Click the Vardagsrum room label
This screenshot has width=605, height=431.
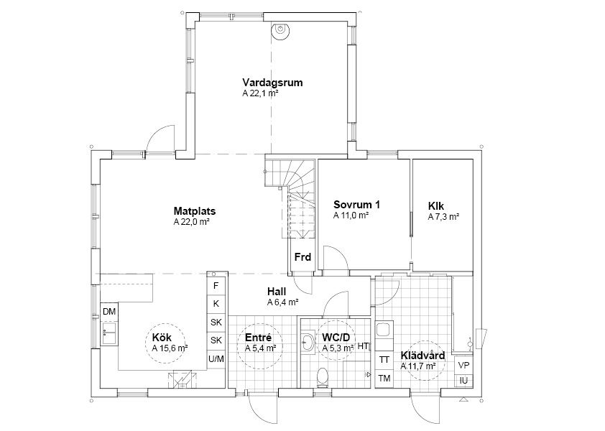[x=272, y=83]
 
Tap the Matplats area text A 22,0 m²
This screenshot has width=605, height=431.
[x=191, y=222]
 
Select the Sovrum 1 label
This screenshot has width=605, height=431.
[x=356, y=205]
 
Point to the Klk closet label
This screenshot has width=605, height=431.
[x=436, y=206]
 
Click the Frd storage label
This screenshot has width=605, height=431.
[x=303, y=257]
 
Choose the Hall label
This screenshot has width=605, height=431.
[x=277, y=292]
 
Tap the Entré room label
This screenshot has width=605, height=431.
[x=259, y=338]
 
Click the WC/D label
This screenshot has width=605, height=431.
[x=336, y=338]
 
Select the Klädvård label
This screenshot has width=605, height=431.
[x=422, y=356]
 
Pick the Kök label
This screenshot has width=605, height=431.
[x=162, y=338]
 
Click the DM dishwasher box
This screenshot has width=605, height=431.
[x=109, y=312]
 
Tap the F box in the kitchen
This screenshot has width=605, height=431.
[x=216, y=285]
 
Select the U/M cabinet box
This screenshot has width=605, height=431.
[x=216, y=359]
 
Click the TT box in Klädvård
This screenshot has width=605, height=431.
[x=384, y=360]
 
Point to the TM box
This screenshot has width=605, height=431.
[x=384, y=379]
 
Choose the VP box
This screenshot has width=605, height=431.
[x=463, y=366]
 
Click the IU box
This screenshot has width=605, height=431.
[x=463, y=381]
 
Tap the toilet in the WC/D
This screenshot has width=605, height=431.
[x=322, y=377]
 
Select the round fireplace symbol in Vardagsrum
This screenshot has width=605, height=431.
[x=280, y=30]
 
